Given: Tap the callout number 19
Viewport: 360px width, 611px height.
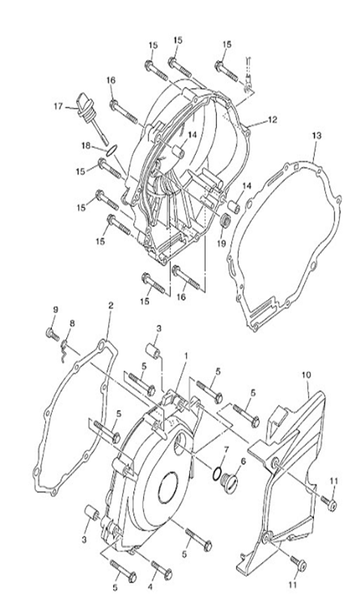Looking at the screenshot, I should (221, 243).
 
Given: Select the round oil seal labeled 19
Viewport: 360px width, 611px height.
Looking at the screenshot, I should (224, 222).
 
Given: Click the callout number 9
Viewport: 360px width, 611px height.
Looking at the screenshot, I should (54, 310).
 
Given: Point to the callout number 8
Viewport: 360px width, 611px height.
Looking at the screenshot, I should (72, 324).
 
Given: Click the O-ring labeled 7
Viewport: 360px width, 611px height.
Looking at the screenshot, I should (218, 475).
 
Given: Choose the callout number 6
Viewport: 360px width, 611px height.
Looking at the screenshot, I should (243, 461).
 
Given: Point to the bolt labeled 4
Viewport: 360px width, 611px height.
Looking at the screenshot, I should (160, 567).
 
